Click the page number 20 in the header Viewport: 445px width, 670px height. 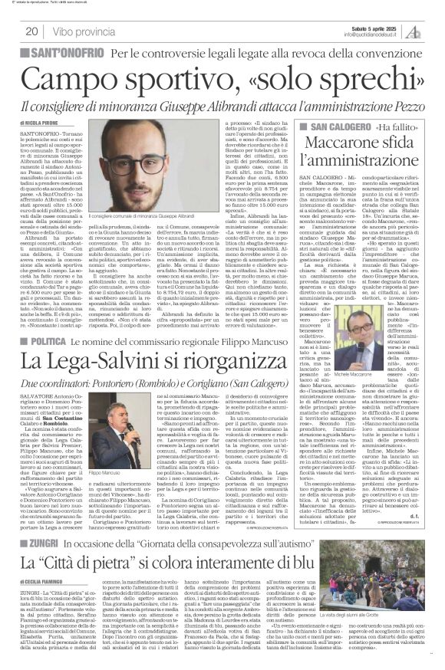[x=32, y=31]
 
